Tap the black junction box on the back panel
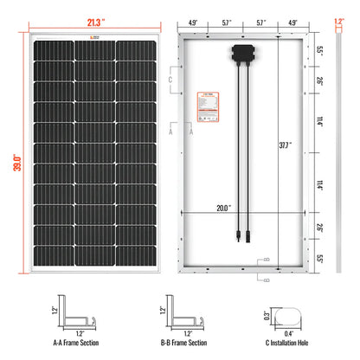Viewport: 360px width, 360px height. point(242,53)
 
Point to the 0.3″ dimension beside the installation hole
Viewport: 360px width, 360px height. point(267,316)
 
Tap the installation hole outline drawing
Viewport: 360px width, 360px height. point(286,317)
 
